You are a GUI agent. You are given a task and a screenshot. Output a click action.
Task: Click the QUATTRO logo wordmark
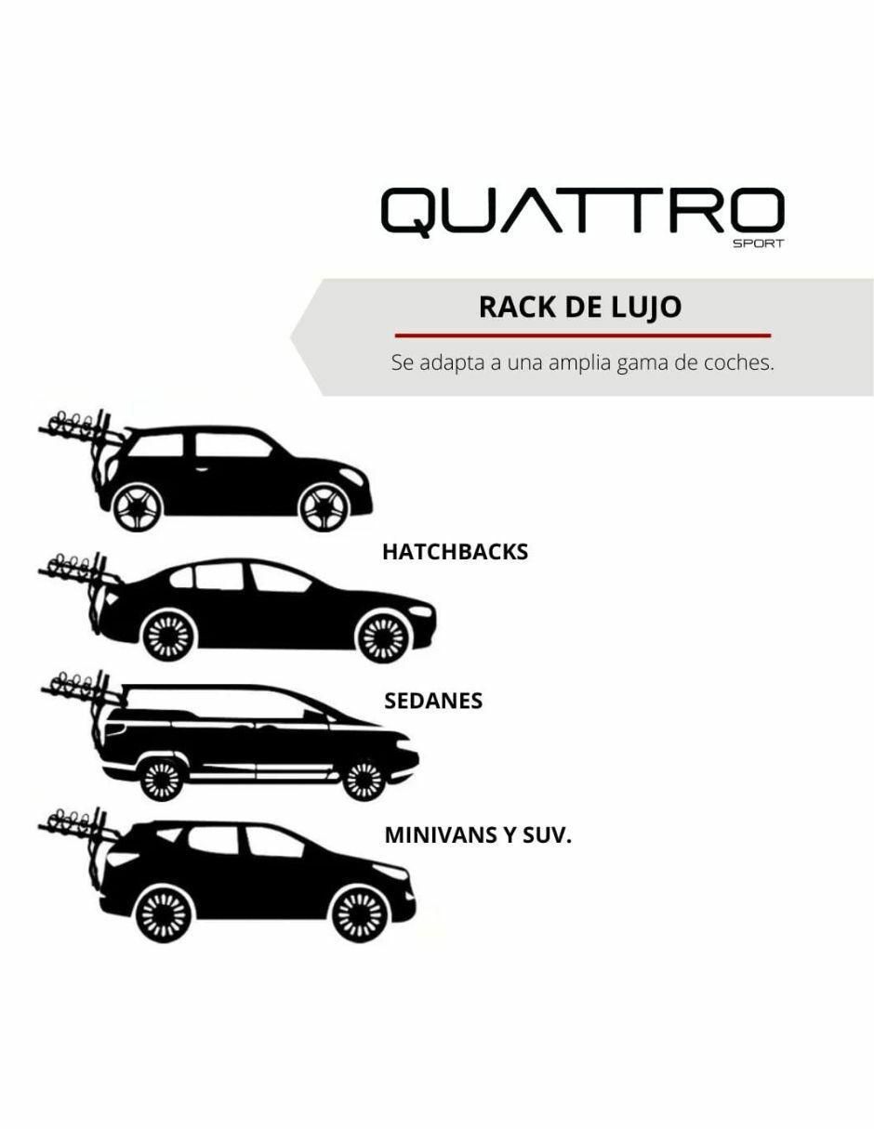(582, 212)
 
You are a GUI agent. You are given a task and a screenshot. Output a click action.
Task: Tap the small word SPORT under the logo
(758, 243)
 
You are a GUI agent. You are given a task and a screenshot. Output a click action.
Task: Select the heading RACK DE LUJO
(580, 308)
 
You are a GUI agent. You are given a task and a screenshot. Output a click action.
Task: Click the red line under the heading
(582, 335)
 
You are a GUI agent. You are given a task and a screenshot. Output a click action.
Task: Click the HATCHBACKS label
(456, 552)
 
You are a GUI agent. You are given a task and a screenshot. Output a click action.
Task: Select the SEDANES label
(433, 702)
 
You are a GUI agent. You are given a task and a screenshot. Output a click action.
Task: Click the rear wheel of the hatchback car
(139, 508)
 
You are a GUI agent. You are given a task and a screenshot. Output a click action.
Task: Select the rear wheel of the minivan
(162, 779)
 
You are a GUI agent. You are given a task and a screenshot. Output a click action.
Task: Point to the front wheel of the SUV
(360, 913)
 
